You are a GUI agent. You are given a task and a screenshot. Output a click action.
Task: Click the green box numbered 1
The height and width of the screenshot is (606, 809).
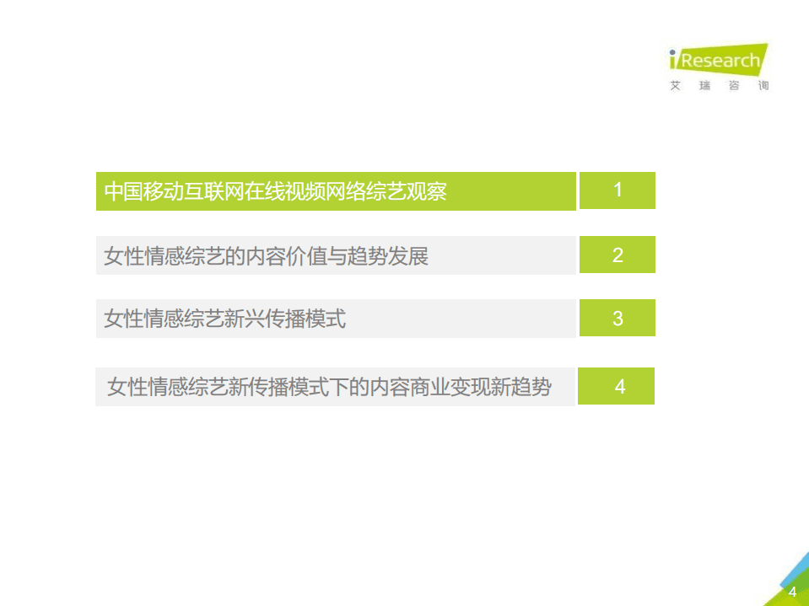coord(618,190)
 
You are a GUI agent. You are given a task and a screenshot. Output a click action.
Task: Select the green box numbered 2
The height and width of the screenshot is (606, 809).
coord(618,255)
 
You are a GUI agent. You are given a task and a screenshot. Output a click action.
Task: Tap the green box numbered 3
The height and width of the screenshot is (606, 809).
coord(618,319)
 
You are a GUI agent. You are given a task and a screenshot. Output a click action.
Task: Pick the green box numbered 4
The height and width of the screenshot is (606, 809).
coord(620,387)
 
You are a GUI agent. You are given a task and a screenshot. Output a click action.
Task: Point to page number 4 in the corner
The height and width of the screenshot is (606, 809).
coord(792,592)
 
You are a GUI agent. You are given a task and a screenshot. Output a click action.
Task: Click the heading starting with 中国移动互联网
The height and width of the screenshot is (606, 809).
coord(275,191)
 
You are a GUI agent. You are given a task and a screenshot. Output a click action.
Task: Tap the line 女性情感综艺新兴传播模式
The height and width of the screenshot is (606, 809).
coord(224,319)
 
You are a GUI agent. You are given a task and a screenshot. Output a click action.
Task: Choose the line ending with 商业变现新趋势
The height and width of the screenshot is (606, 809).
coord(329,388)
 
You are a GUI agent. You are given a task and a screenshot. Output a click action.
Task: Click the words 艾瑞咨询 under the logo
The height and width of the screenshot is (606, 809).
coord(719,86)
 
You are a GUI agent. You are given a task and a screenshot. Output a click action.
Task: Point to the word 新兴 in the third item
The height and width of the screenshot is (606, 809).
coord(245,319)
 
